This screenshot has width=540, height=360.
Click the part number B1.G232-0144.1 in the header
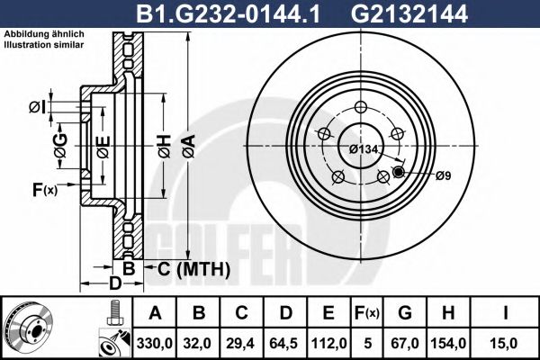tap(228, 13)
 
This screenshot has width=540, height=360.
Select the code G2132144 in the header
tap(409, 13)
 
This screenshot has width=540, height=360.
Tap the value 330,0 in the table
tap(155, 344)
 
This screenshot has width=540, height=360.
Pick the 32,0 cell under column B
tap(198, 344)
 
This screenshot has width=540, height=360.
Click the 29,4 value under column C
tap(241, 344)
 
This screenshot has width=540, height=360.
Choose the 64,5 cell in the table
tap(284, 344)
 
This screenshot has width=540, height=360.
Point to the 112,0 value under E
tap(328, 344)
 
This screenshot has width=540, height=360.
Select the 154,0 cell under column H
tap(448, 344)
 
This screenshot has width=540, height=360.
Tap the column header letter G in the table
tap(405, 313)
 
